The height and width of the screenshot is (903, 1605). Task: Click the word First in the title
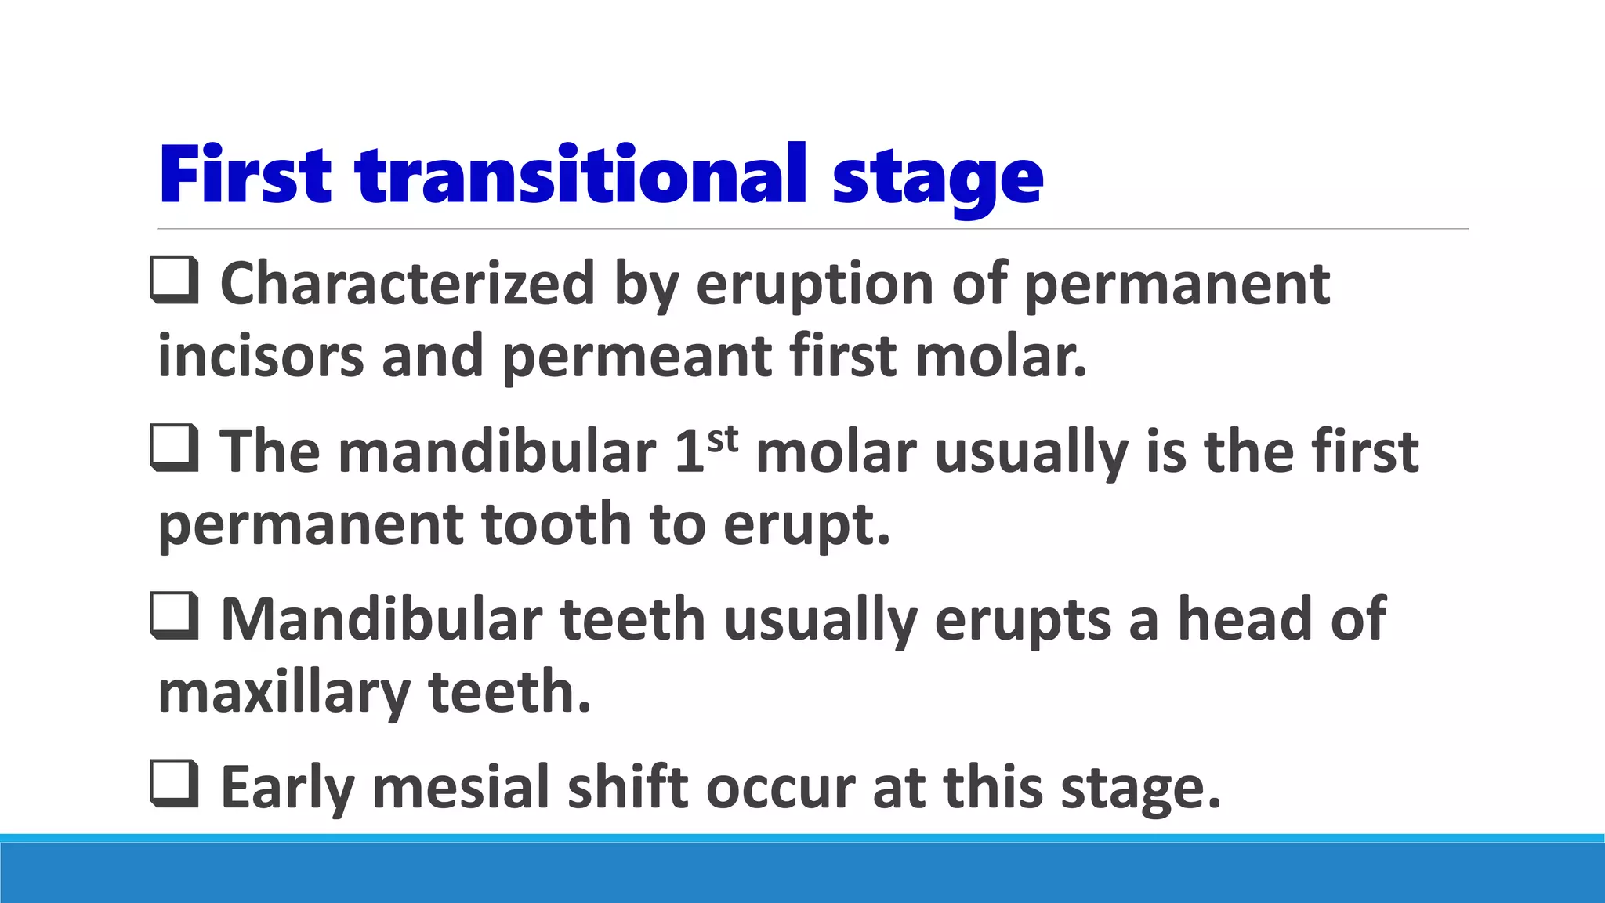(x=245, y=175)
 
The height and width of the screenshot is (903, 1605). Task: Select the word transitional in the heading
(x=581, y=175)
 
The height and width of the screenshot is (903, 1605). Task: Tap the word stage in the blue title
(x=937, y=180)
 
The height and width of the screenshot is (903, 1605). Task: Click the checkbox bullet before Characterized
(x=174, y=281)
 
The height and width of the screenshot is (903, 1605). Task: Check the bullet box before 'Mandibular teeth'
(x=174, y=617)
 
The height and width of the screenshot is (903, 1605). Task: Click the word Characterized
(x=408, y=283)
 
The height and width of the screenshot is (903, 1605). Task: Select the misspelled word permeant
(x=636, y=357)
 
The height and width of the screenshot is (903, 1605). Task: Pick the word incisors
(x=261, y=357)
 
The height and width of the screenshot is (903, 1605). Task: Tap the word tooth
(x=556, y=524)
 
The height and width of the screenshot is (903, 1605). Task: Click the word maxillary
(x=284, y=693)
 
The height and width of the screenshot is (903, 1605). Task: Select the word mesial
(x=461, y=788)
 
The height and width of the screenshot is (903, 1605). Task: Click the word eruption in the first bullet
(x=814, y=285)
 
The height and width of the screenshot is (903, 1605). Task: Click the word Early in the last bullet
(x=287, y=788)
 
